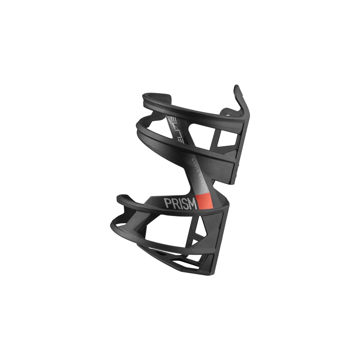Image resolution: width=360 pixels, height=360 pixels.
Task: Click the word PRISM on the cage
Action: (x=180, y=203)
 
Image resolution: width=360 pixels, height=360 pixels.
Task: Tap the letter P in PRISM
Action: (x=168, y=203)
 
